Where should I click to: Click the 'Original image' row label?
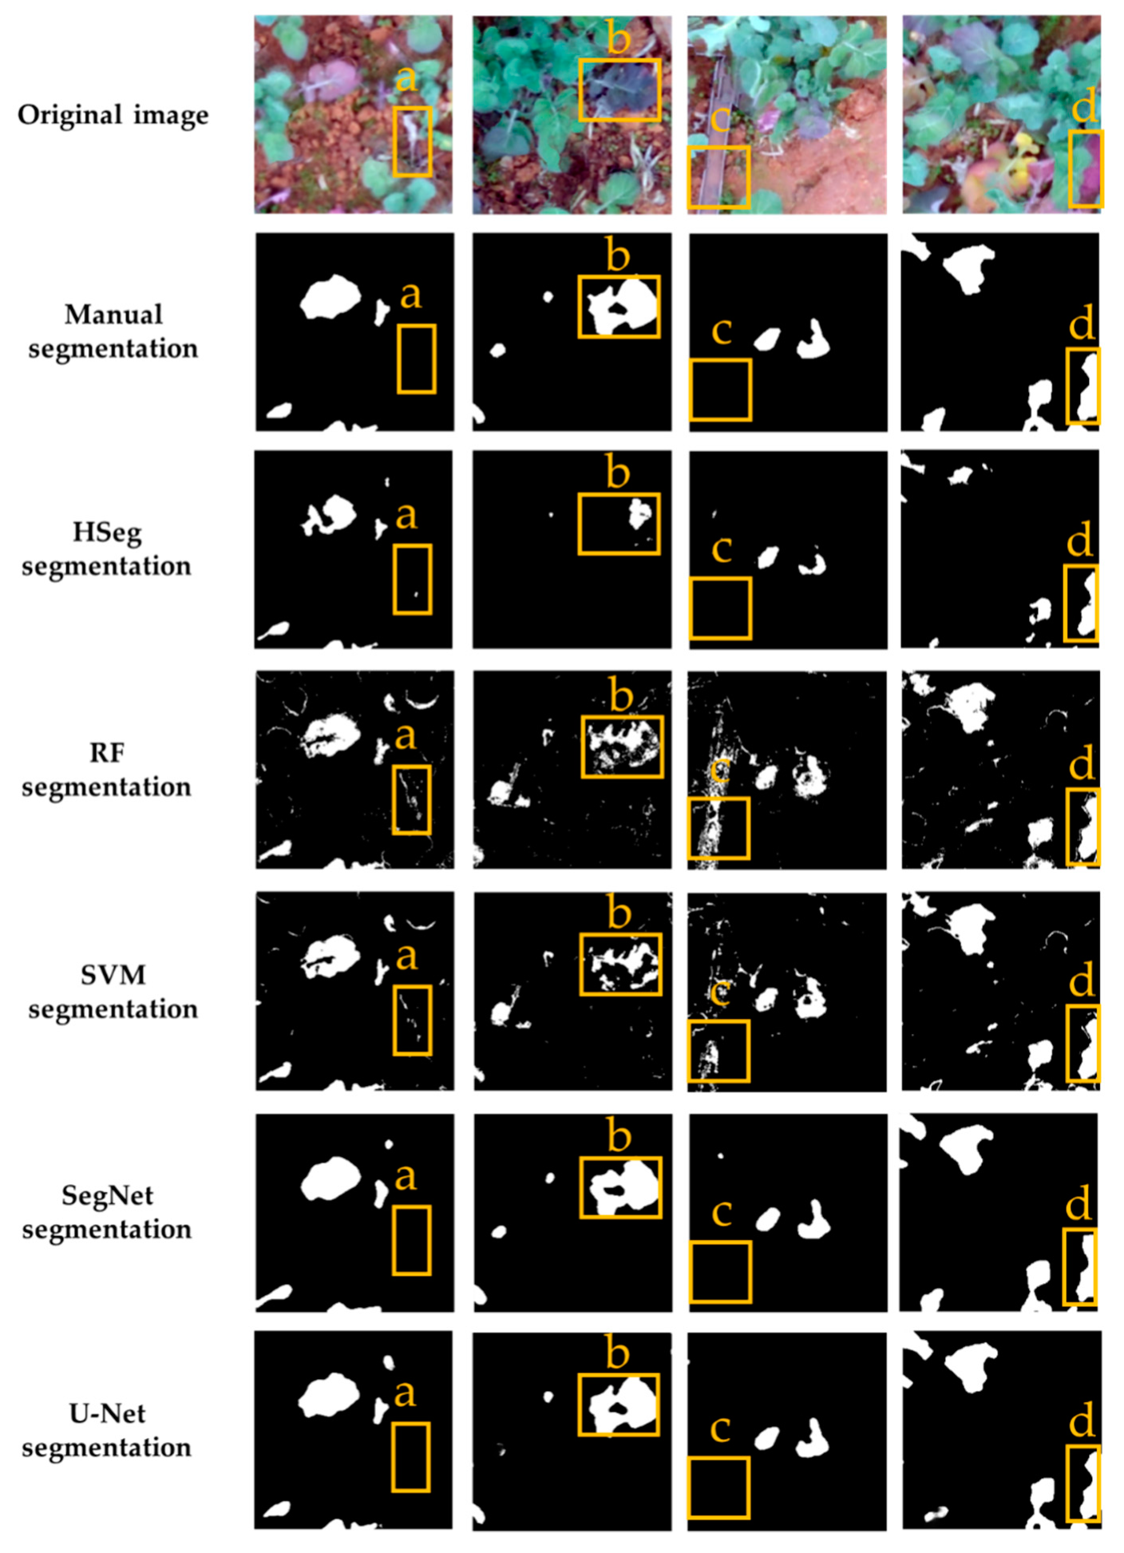[x=113, y=115]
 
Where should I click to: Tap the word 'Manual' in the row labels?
[x=113, y=315]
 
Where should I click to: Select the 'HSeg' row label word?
[x=107, y=532]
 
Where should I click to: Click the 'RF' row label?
[x=106, y=753]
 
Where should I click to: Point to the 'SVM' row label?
[x=113, y=975]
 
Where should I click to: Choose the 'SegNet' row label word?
[x=107, y=1195]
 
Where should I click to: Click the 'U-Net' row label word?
[x=107, y=1414]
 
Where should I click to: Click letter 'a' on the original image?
[x=406, y=78]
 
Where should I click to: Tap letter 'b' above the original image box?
[x=618, y=38]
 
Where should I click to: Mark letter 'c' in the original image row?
[x=719, y=120]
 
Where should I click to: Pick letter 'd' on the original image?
[x=1083, y=107]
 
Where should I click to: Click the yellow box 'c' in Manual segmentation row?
[x=720, y=390]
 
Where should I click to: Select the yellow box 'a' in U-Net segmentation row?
[x=410, y=1456]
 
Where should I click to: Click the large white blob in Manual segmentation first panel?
[x=330, y=297]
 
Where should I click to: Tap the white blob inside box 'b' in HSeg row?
[x=639, y=513]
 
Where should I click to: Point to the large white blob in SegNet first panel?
[x=330, y=1179]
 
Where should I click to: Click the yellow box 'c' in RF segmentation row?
[x=718, y=828]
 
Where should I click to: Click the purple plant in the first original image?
[x=328, y=80]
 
